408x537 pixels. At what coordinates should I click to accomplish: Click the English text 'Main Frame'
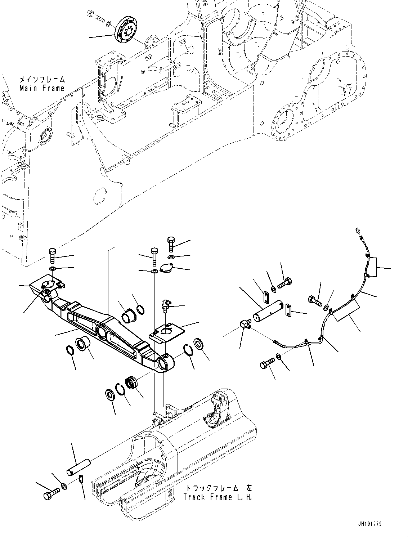[42, 88]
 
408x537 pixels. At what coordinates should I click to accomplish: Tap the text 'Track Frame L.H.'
[218, 497]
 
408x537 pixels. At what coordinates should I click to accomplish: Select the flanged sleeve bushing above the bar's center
[127, 311]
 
